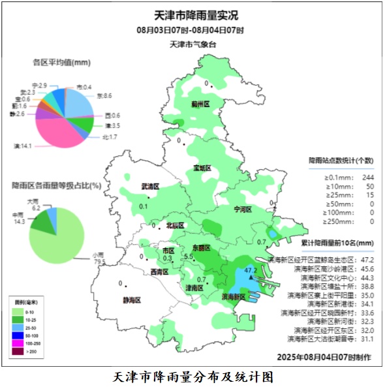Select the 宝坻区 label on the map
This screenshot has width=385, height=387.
tap(202, 168)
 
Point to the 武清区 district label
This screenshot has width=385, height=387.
tap(151, 187)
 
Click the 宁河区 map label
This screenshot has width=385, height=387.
tap(243, 209)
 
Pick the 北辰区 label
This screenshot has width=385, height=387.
tap(176, 225)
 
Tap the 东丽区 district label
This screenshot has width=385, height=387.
tap(201, 248)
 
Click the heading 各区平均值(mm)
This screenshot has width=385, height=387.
tap(61, 63)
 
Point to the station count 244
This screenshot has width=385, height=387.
tap(367, 178)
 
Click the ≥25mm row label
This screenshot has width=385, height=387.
tap(339, 195)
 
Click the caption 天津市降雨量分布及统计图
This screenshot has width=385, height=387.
tap(192, 377)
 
